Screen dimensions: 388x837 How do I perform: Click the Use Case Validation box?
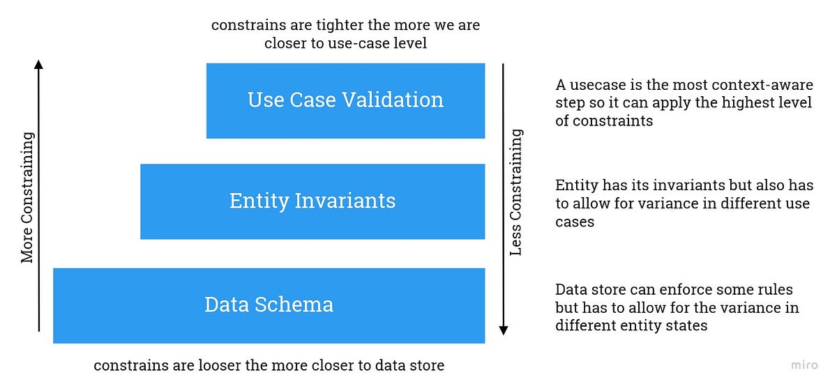pyautogui.click(x=345, y=100)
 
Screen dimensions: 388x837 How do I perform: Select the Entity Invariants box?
pyautogui.click(x=312, y=201)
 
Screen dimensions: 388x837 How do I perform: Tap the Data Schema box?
pyautogui.click(x=269, y=305)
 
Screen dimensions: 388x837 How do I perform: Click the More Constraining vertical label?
pyautogui.click(x=27, y=198)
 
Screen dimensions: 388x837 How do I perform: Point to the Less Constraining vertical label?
pyautogui.click(x=516, y=192)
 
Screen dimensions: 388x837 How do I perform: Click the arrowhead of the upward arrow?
pyautogui.click(x=39, y=65)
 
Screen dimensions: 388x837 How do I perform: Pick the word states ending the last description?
pyautogui.click(x=687, y=325)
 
